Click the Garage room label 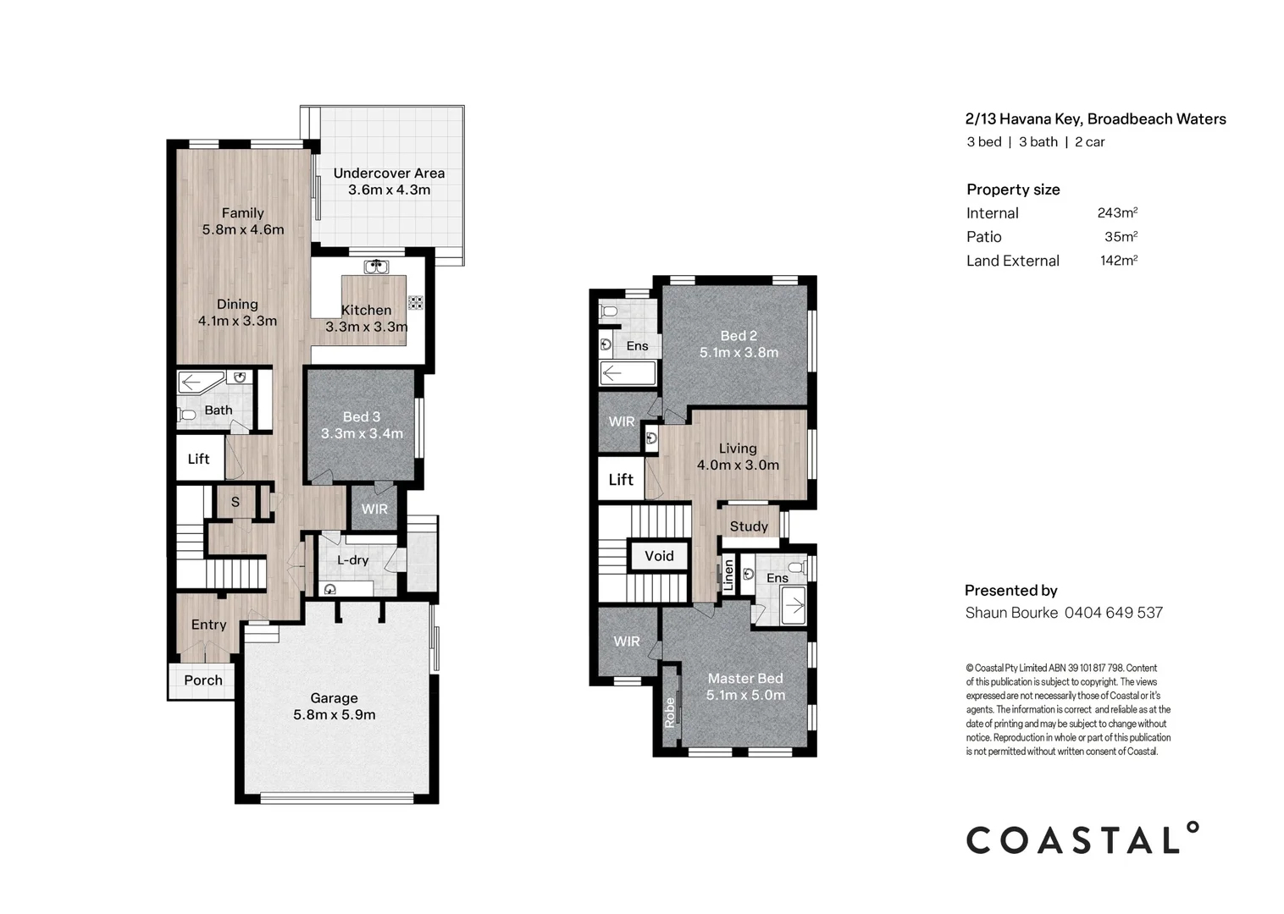[334, 698]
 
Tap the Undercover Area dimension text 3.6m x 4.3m [389, 190]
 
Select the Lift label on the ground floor [198, 459]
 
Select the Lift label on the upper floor [621, 480]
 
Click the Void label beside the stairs [659, 556]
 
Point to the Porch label [203, 680]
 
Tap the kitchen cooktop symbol [415, 302]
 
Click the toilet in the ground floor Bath [187, 414]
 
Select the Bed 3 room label [362, 416]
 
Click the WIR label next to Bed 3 [374, 509]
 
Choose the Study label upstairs [749, 526]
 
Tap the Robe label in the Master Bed [670, 712]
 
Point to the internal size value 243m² [1117, 213]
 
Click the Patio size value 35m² [1121, 237]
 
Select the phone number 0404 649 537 [1113, 613]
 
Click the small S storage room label [235, 502]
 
